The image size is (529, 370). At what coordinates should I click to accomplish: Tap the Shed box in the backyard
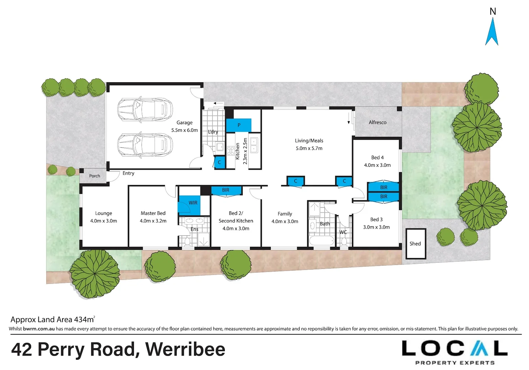click(x=416, y=244)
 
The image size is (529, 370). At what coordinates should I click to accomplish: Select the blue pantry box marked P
click(x=239, y=125)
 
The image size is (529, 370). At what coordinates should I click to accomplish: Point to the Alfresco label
click(x=377, y=122)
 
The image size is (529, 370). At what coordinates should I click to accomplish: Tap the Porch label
click(x=95, y=176)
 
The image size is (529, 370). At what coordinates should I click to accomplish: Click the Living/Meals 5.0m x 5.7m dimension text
click(x=309, y=148)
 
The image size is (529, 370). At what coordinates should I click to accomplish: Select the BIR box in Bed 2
click(x=226, y=190)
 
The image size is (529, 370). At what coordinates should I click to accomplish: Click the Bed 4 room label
click(x=377, y=158)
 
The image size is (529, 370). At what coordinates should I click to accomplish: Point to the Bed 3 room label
click(x=376, y=220)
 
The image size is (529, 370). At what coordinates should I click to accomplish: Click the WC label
click(x=343, y=232)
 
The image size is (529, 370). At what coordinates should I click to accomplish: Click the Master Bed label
click(x=153, y=213)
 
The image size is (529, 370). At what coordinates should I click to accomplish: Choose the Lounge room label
click(x=104, y=213)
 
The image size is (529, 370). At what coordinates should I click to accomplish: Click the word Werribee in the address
click(x=185, y=349)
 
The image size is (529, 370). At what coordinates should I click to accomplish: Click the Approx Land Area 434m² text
click(x=52, y=320)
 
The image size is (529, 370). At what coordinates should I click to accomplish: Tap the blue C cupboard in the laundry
click(x=219, y=162)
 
